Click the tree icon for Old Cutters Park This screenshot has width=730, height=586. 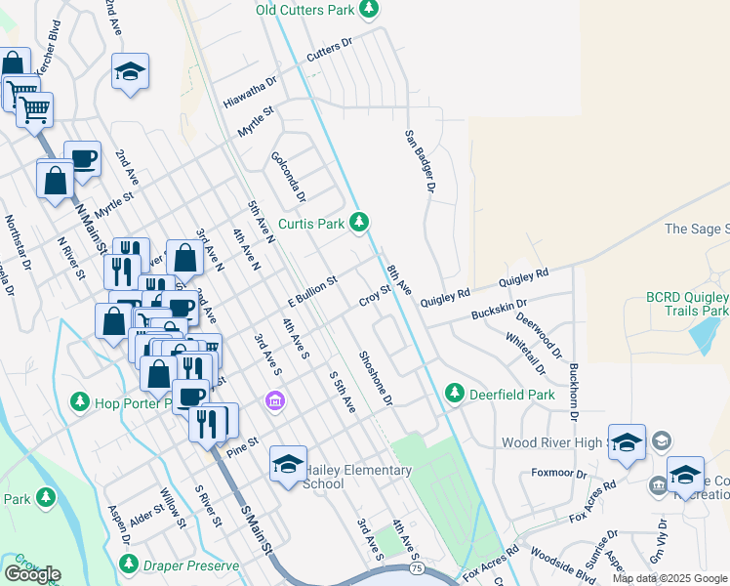point(368,10)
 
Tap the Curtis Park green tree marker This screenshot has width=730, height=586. point(359,224)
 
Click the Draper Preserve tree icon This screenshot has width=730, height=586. point(129,565)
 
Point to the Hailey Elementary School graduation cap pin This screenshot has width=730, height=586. point(288,464)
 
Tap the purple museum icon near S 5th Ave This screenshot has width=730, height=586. point(275,401)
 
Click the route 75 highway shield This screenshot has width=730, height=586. point(418,565)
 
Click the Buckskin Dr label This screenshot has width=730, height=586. point(499,310)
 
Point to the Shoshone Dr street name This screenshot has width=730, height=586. point(374,379)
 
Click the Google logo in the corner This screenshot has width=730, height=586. point(32,574)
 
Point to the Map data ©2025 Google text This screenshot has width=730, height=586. point(669,578)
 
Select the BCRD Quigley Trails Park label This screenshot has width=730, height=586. point(673,303)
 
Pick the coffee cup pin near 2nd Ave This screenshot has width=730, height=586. point(82,158)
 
